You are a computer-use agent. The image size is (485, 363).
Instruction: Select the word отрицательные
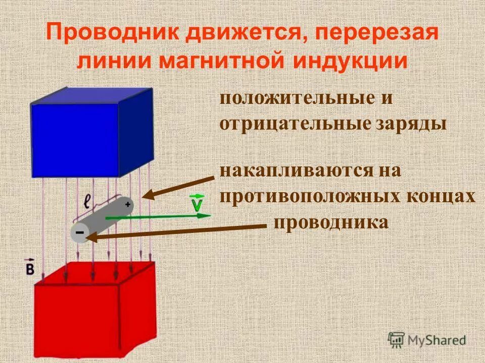coord(295,124)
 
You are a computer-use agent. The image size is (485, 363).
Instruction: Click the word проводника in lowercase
coord(331,222)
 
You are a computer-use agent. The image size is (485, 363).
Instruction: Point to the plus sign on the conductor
coord(128,204)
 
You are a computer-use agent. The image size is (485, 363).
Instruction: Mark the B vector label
coord(30,268)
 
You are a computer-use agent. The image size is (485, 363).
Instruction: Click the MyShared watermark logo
coord(426,339)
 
